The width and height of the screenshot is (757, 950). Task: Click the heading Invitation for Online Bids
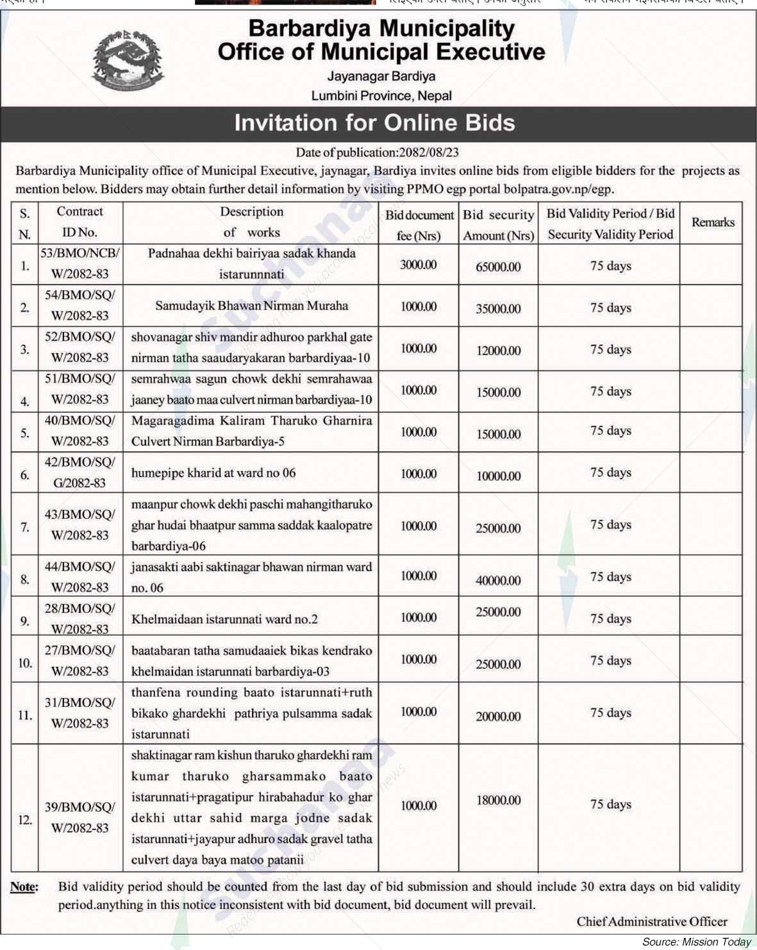tap(374, 122)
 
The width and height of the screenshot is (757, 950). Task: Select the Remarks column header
tap(713, 222)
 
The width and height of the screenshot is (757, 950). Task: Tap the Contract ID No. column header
tap(79, 222)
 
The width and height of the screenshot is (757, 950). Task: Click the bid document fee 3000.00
tap(419, 265)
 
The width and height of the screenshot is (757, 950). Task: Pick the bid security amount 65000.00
tap(498, 267)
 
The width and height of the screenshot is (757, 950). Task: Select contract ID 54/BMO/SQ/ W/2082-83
tap(79, 305)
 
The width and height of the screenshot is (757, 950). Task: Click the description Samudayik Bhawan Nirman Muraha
tap(251, 306)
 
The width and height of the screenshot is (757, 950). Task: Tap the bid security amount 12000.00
tap(498, 351)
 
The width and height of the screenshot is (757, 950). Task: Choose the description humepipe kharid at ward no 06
tap(213, 473)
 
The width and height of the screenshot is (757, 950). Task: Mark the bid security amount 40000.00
tap(498, 581)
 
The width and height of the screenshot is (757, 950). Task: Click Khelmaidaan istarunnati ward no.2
tap(224, 619)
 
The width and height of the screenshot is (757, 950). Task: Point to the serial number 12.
tap(25, 819)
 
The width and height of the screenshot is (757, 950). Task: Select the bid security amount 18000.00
tap(498, 801)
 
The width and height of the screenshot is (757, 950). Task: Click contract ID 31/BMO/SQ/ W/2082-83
tap(79, 713)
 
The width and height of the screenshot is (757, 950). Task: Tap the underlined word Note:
tap(24, 887)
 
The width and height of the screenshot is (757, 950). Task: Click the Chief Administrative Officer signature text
tap(651, 922)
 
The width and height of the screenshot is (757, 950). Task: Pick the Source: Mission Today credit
tap(696, 942)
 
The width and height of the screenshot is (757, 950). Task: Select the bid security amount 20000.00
tap(498, 717)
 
